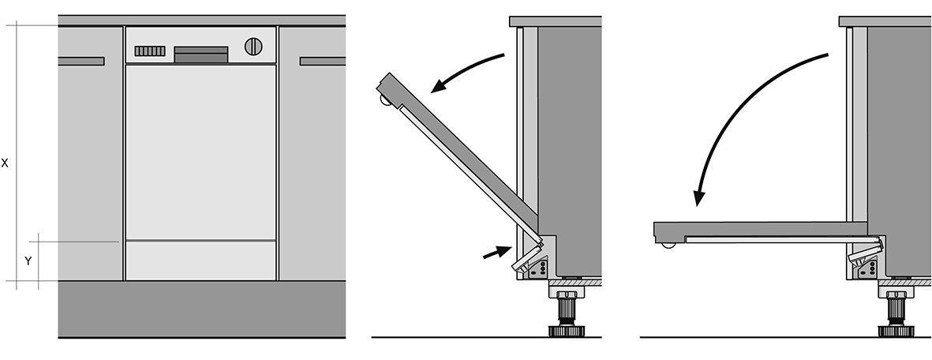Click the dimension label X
(x=5, y=163)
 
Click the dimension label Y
(x=28, y=261)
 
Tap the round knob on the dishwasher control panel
(x=254, y=47)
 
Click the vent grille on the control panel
(x=150, y=51)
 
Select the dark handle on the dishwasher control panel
(x=201, y=54)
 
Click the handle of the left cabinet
(x=81, y=62)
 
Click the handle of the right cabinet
(x=323, y=62)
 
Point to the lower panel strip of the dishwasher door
(x=201, y=260)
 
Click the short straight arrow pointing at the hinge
(x=497, y=253)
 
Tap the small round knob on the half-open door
(x=386, y=102)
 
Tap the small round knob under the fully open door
(x=668, y=244)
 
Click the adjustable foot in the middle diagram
(x=567, y=310)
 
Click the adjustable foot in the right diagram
(x=896, y=310)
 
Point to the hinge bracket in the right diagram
(x=866, y=259)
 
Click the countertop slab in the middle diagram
(x=555, y=21)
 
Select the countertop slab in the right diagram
(x=885, y=21)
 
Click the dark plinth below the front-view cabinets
(x=202, y=309)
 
